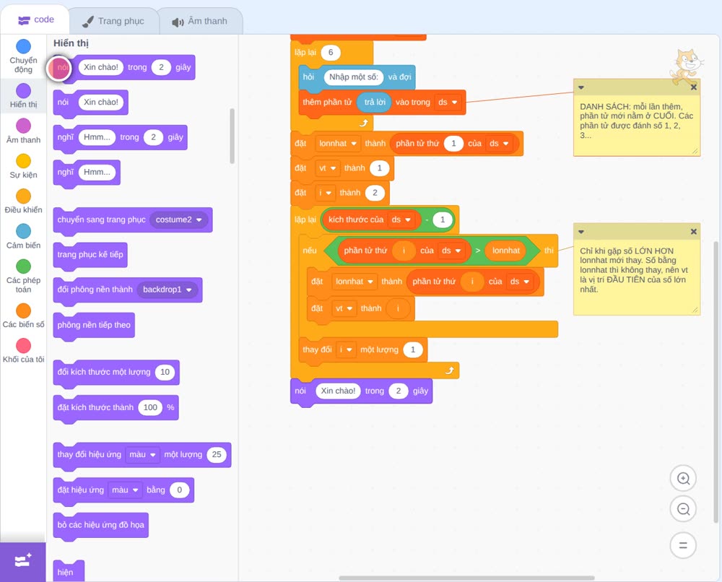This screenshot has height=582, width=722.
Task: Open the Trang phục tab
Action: [113, 21]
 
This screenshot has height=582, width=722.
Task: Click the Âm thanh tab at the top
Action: [200, 21]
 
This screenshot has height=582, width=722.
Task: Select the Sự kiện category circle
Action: [24, 161]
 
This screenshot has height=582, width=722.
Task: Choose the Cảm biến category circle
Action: [24, 231]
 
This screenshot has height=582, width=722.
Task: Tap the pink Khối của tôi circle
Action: [24, 345]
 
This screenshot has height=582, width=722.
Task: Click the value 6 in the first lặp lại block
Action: [331, 53]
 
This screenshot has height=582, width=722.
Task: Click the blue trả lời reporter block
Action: [375, 103]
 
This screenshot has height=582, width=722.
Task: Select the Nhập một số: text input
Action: [354, 77]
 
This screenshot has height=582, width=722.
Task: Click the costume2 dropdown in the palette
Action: [178, 220]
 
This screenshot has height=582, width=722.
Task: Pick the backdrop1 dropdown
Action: [168, 290]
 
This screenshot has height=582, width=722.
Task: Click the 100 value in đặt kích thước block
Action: [150, 407]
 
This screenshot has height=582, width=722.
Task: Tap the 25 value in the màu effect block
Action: [217, 454]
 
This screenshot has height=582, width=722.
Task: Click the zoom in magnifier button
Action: [683, 479]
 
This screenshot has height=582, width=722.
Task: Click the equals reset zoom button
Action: [683, 546]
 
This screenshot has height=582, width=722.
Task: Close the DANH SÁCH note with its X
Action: [693, 87]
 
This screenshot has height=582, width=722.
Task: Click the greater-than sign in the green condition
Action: [478, 251]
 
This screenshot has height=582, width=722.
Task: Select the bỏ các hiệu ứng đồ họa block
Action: [101, 525]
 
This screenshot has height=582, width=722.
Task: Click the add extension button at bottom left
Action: [23, 561]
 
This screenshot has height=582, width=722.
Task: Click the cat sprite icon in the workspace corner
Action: [686, 66]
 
